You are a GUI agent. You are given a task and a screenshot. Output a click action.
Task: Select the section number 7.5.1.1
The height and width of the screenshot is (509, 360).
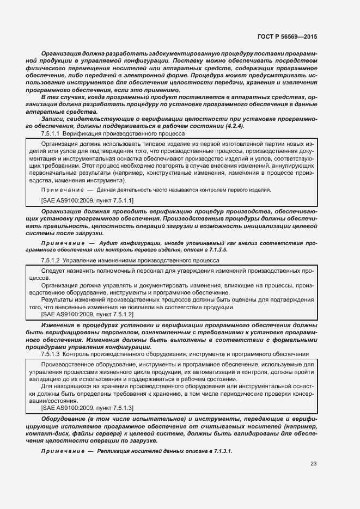pos(51,133)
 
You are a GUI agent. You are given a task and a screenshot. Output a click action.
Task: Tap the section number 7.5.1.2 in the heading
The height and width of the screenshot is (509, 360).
pos(51,261)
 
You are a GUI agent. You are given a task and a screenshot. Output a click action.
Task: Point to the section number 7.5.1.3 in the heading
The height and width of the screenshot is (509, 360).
pos(51,354)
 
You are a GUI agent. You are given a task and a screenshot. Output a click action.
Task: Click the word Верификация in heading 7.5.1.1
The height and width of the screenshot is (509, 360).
pos(82,133)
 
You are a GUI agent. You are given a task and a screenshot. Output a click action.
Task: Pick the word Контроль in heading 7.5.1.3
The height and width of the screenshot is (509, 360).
pos(77,354)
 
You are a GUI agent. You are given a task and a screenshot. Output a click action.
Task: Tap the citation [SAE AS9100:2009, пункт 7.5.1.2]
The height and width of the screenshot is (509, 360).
pos(88,314)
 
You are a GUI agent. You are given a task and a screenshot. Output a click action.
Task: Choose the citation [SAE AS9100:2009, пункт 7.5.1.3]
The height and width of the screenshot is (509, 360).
pos(88,407)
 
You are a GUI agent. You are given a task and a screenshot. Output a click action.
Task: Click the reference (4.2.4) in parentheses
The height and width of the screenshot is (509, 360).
pos(234,126)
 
